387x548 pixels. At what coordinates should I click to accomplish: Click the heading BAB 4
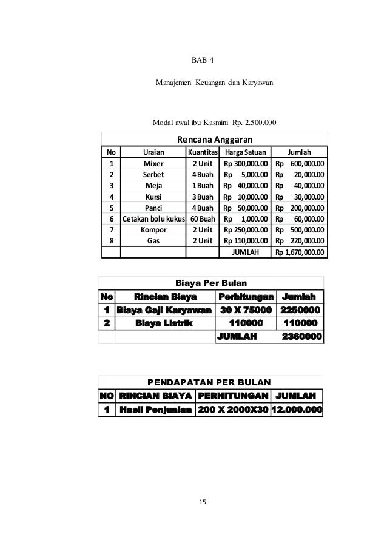click(x=203, y=60)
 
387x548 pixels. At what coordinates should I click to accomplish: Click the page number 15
click(x=203, y=502)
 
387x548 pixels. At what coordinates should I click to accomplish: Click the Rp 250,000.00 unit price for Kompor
click(x=245, y=229)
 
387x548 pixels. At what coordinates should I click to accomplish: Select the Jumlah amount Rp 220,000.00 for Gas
click(x=299, y=240)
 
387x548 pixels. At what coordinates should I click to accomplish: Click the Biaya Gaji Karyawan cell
click(x=164, y=311)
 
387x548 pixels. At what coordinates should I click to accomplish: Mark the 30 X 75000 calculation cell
click(x=244, y=311)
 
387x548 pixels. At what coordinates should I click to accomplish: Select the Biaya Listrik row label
click(x=164, y=323)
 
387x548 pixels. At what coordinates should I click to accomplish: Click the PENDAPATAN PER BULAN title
click(x=210, y=382)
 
